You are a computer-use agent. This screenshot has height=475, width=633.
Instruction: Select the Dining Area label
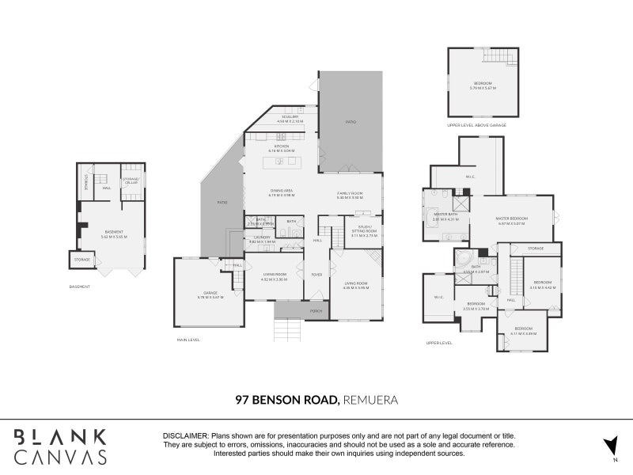282,191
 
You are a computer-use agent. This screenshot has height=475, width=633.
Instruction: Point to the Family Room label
349,194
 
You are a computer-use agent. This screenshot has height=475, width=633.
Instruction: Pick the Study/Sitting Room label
359,232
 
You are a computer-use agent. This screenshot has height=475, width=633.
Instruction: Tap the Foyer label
316,275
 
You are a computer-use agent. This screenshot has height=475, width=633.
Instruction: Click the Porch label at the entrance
316,311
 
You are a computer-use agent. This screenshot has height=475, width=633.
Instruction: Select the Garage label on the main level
209,294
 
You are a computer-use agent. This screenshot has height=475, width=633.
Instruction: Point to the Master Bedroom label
513,219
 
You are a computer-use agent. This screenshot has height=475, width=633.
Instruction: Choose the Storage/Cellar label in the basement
131,180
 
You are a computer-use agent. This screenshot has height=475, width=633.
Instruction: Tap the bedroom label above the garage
483,84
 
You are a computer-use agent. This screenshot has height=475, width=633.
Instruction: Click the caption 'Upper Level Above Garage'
476,125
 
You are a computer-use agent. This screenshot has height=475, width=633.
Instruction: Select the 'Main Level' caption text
189,340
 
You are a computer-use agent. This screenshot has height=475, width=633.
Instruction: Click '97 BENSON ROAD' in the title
287,400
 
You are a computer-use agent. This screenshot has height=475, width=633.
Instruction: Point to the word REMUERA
370,400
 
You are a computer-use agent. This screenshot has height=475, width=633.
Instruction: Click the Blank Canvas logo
59,446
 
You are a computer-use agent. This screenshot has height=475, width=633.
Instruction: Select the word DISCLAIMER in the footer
185,436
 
